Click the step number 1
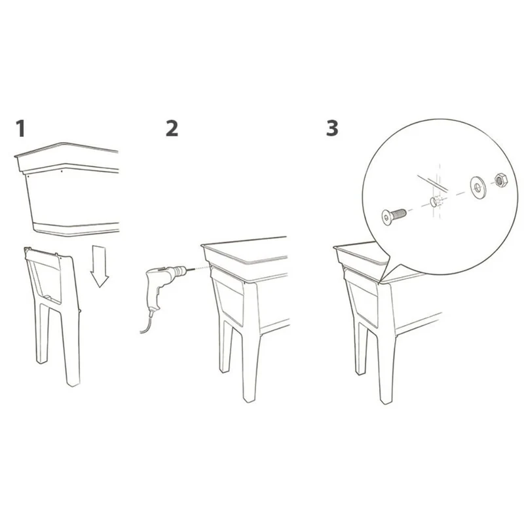(21, 128)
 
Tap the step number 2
(172, 128)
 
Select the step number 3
(332, 128)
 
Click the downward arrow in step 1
(100, 267)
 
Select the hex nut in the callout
(500, 180)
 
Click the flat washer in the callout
(478, 187)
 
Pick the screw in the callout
(394, 216)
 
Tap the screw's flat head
(386, 218)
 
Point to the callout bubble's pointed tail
(380, 282)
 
